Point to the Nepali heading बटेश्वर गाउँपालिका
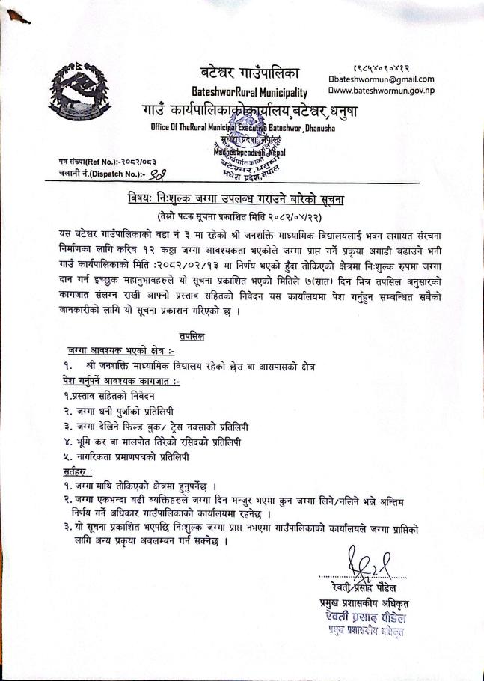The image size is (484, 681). (250, 73)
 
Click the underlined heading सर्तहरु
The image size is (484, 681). (78, 472)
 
